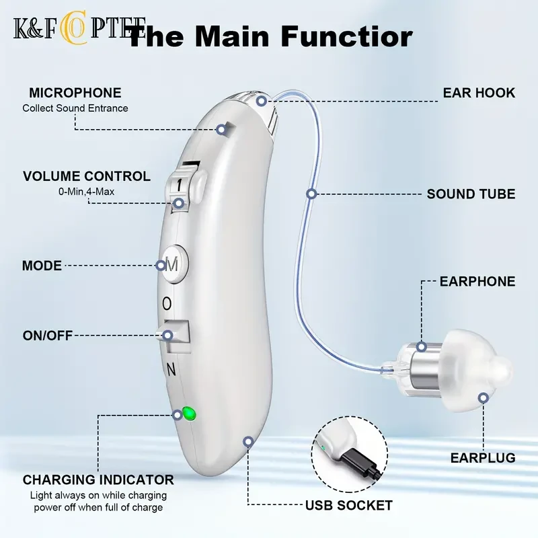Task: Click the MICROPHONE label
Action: click(x=74, y=93)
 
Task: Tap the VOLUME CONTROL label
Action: click(x=87, y=177)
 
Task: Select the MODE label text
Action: click(x=42, y=266)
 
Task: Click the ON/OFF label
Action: click(x=47, y=335)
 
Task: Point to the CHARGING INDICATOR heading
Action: click(x=98, y=479)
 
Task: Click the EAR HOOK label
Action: click(x=479, y=93)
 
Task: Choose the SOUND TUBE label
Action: click(x=471, y=194)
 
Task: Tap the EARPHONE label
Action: click(x=477, y=281)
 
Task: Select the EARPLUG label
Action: click(x=482, y=458)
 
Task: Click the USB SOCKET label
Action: click(x=349, y=505)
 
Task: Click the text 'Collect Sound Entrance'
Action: click(x=75, y=108)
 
